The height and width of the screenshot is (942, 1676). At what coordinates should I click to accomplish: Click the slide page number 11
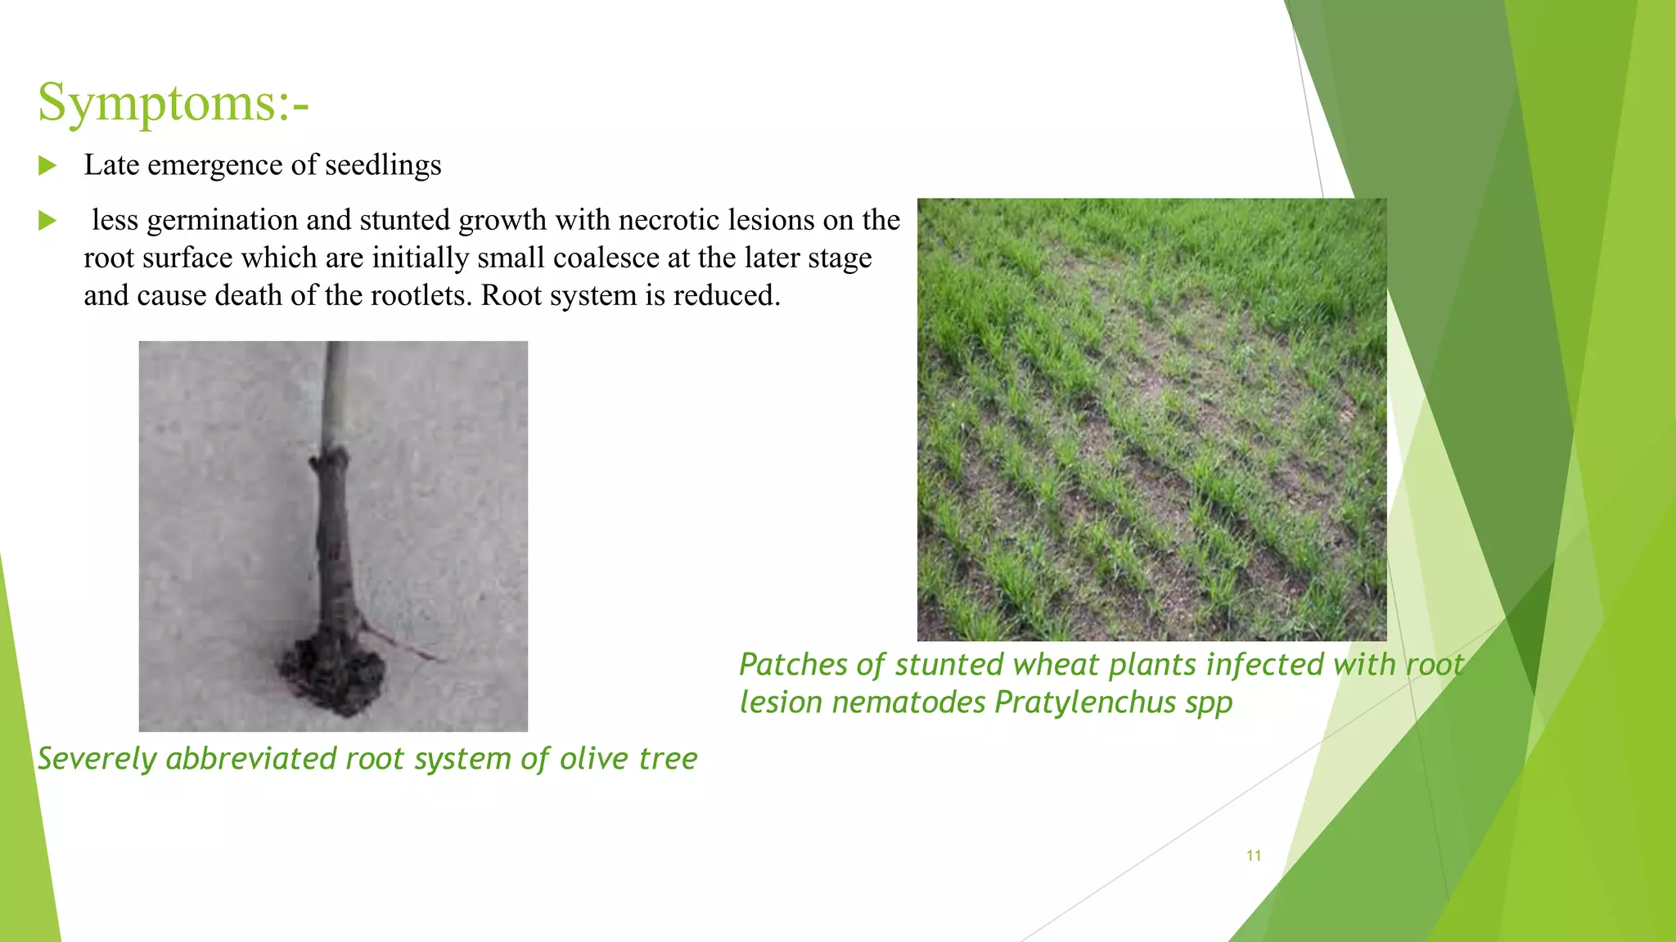coord(1253,855)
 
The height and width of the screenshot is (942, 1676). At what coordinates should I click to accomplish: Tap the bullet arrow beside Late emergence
coord(47,166)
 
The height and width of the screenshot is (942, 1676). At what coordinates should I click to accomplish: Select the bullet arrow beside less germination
coord(47,221)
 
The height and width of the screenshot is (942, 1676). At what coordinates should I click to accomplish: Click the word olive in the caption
coord(594,759)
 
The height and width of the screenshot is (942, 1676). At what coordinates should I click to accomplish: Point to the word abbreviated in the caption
coord(250,759)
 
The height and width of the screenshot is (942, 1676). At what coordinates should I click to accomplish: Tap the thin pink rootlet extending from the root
coord(405,644)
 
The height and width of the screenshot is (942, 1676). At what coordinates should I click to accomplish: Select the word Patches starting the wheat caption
coord(793,665)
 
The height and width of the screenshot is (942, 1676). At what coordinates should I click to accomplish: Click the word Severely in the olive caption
coord(97,759)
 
